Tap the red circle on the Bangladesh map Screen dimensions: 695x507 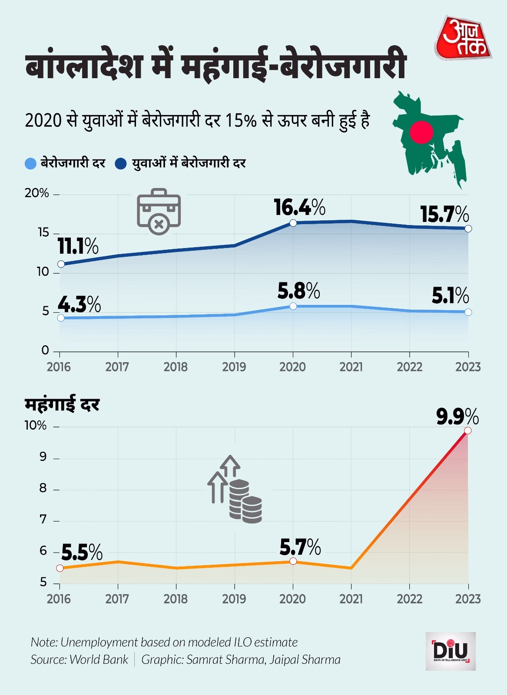421,132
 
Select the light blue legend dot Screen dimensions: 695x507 30,164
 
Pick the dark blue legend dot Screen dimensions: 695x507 120,164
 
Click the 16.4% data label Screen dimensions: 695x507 299,208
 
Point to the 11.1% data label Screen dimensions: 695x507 78,247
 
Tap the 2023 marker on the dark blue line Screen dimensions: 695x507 468,228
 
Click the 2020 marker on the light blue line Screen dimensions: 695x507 293,306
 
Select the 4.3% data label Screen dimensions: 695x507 79,304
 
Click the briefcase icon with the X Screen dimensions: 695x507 159,212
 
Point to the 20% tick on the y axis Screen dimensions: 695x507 37,193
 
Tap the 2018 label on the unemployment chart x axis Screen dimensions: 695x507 176,367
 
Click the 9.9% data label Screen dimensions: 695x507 457,417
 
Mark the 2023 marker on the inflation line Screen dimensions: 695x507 468,430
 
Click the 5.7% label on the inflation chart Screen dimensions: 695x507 300,547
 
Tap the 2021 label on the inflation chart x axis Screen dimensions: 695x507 351,599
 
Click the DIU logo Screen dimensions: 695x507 451,651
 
